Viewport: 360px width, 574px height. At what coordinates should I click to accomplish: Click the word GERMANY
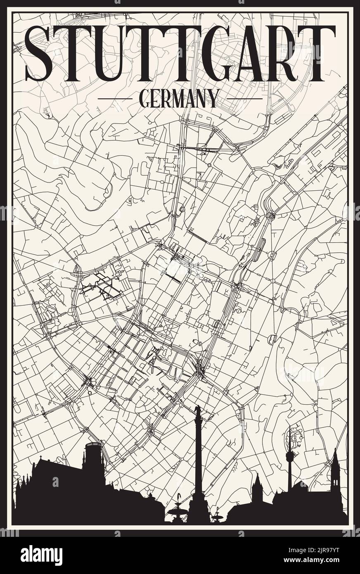(x=179, y=98)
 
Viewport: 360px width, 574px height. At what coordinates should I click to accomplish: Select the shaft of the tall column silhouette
(x=198, y=454)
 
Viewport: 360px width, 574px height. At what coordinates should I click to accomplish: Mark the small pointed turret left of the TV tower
(x=258, y=481)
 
